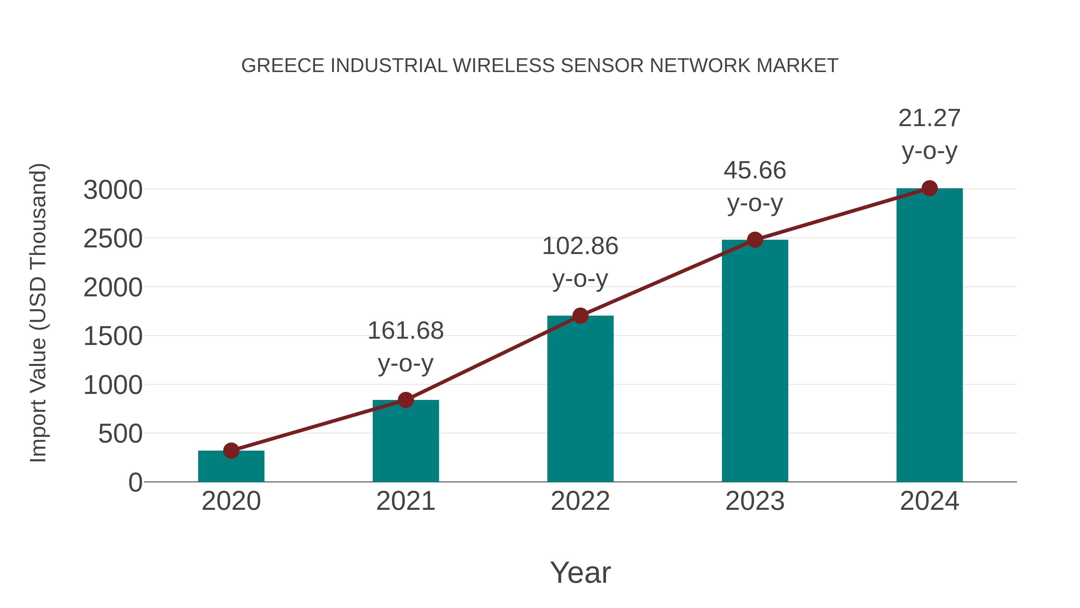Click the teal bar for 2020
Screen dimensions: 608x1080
(231, 466)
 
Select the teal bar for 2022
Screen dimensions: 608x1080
(580, 399)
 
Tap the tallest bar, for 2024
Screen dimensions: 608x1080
(929, 336)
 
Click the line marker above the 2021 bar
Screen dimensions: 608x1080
(405, 400)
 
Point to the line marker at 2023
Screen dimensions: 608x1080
(755, 240)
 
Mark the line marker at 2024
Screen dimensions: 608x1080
(929, 188)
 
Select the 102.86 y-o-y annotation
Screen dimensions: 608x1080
(580, 246)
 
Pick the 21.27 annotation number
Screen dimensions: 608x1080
(929, 118)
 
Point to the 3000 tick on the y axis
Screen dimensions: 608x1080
(113, 190)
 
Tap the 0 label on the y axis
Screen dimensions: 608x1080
(135, 482)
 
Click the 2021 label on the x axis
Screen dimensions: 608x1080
(405, 501)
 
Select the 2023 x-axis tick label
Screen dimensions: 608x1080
(755, 501)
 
